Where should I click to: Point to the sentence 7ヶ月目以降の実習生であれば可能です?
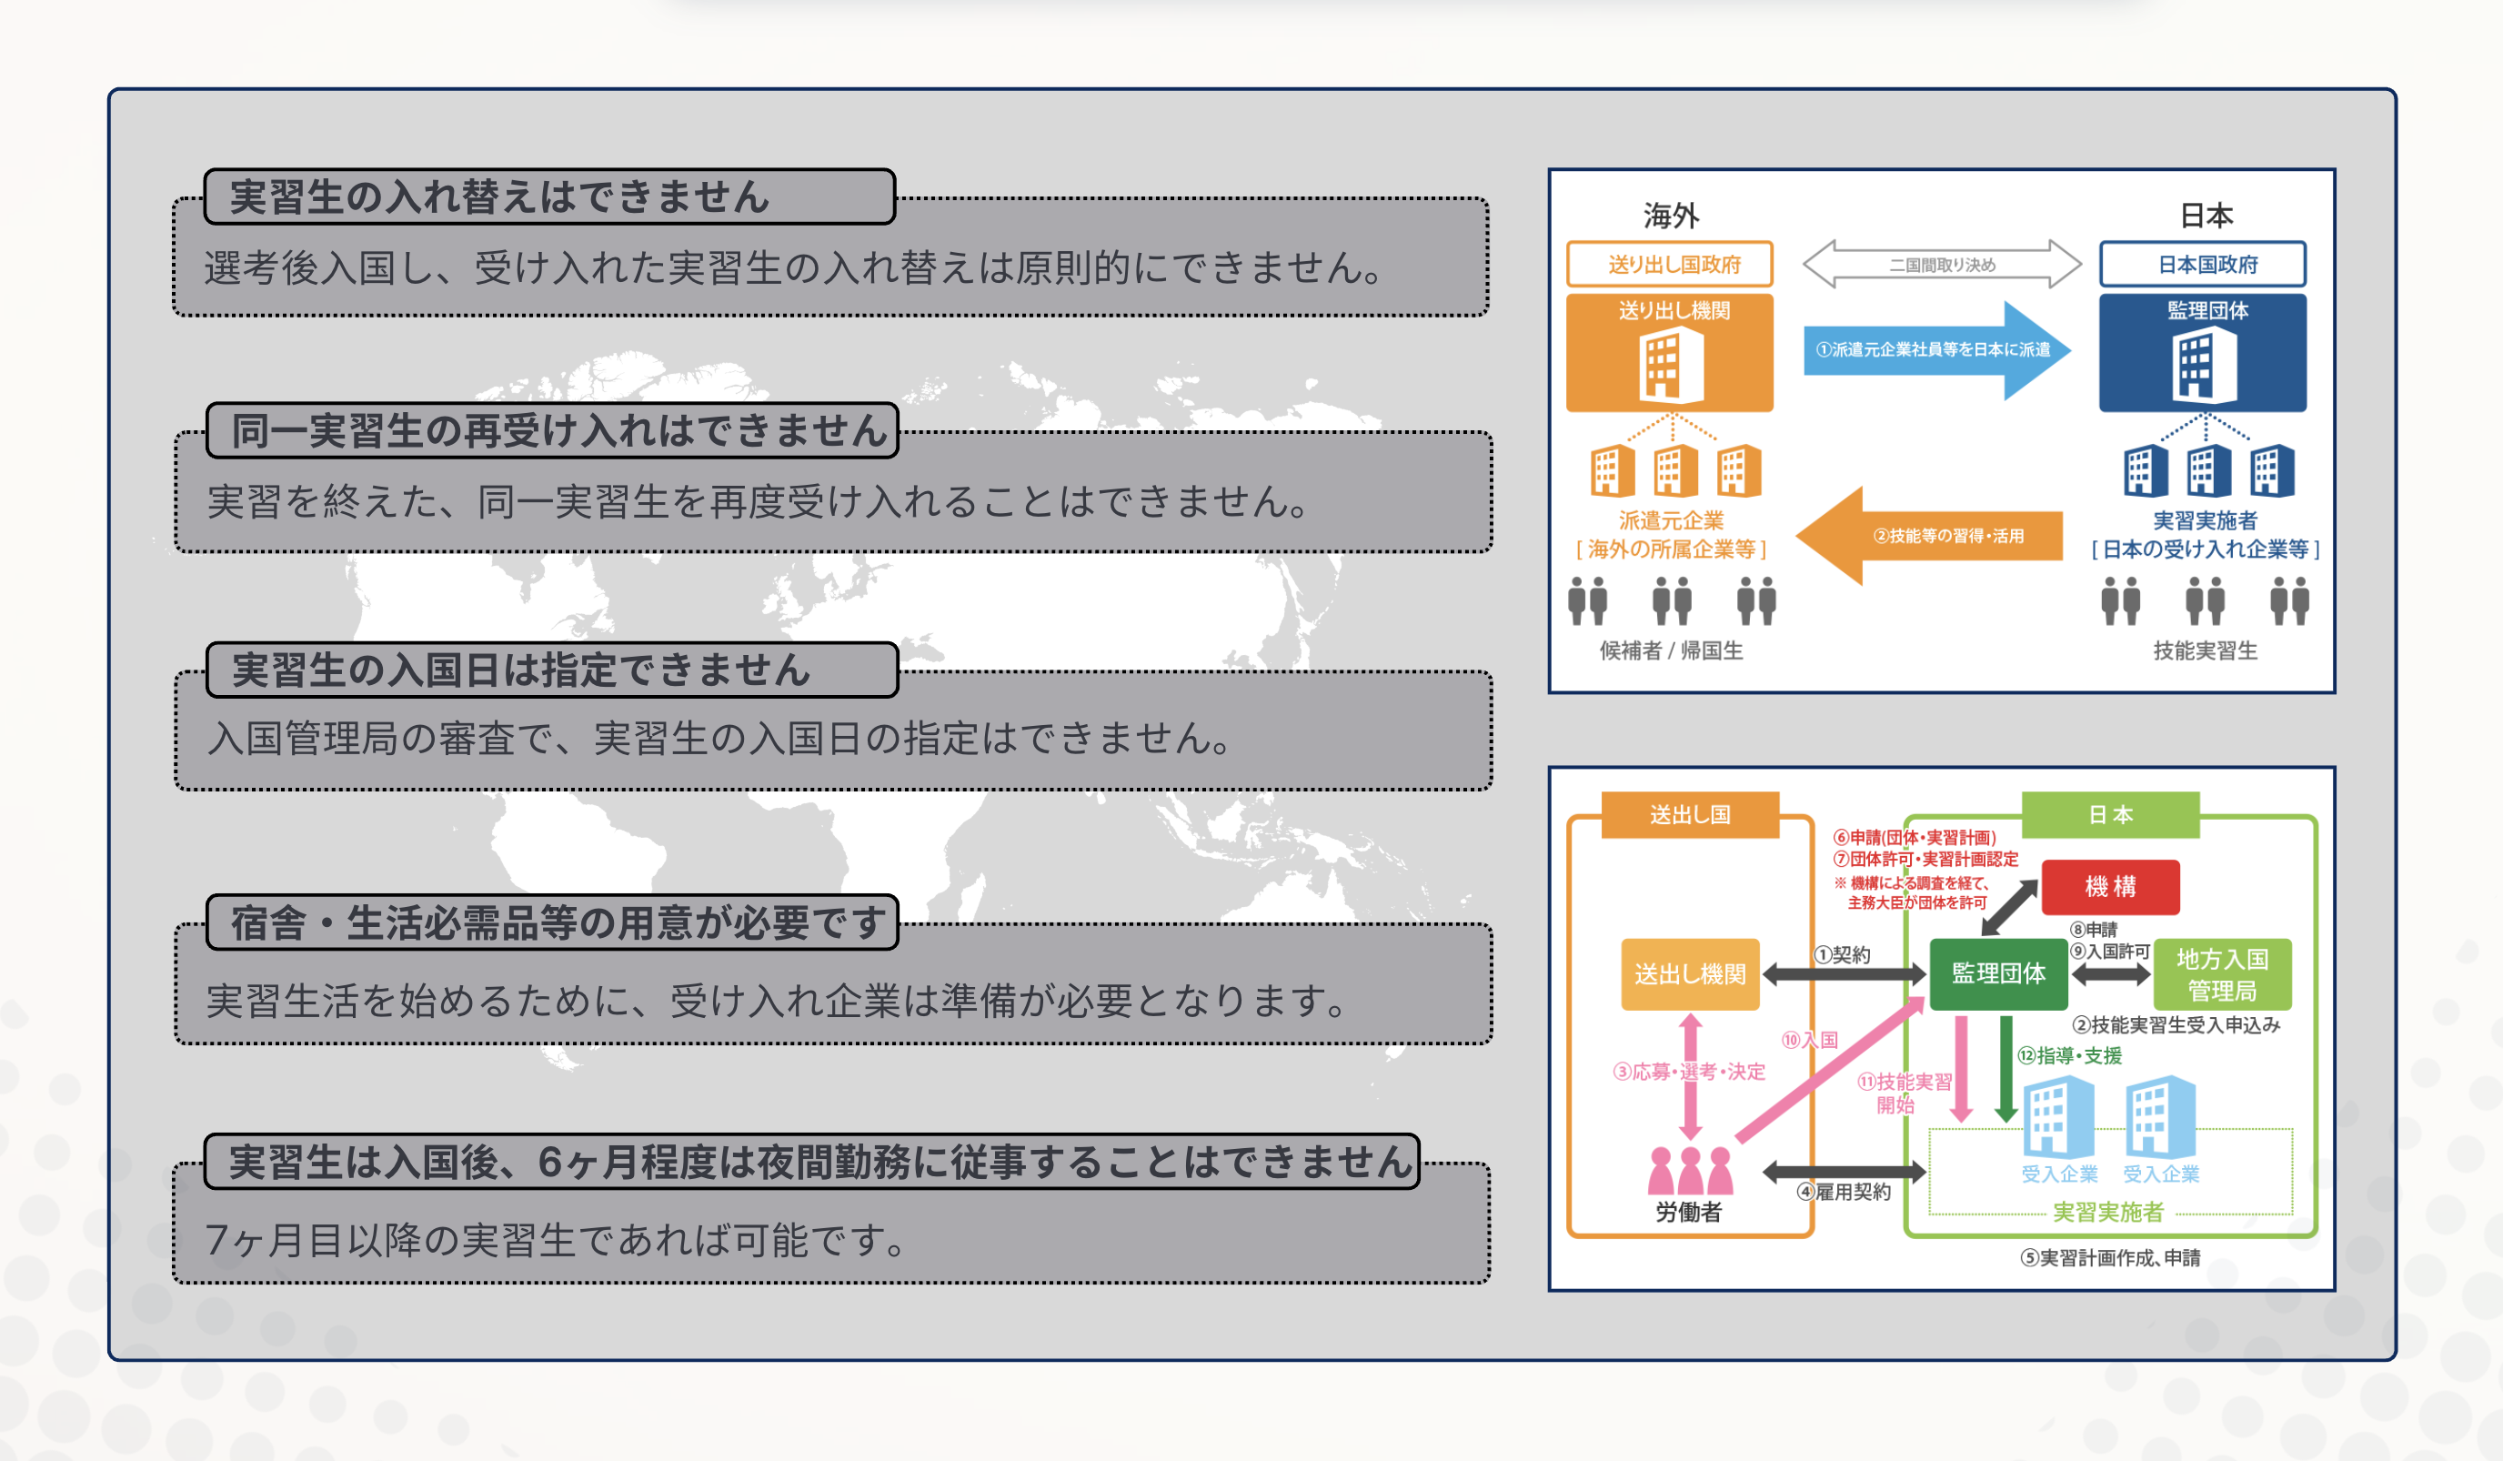[557, 1240]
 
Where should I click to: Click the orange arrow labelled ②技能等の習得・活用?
[1932, 535]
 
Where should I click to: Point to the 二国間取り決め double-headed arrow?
[1942, 264]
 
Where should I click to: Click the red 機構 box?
[2110, 886]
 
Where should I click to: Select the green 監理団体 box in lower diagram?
[1997, 973]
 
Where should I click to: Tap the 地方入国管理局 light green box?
[2222, 974]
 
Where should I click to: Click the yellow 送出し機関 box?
[1690, 974]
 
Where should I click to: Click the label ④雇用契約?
[1844, 1192]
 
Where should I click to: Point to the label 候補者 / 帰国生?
[1671, 650]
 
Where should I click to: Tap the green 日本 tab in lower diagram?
[2110, 814]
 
